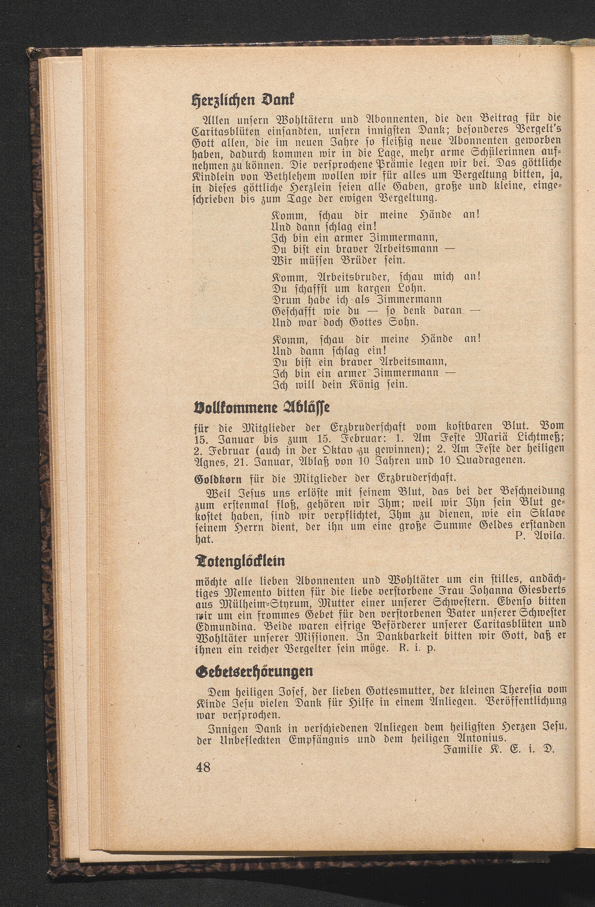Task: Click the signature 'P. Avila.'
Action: pos(539,535)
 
